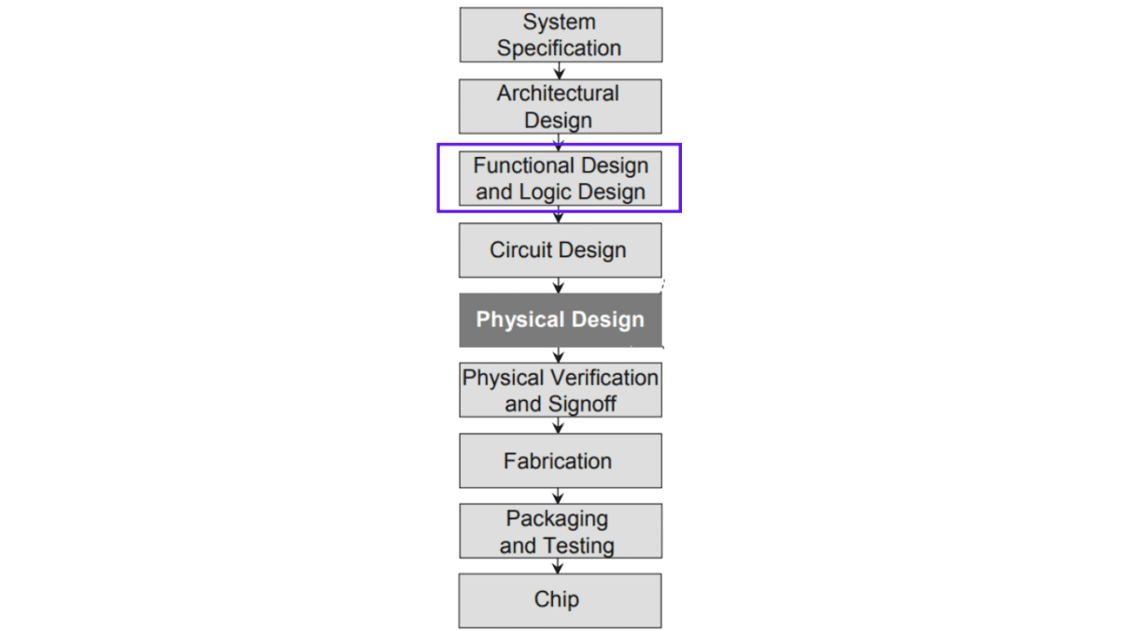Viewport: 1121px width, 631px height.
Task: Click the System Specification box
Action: click(x=561, y=35)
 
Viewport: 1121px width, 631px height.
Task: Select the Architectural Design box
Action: click(x=560, y=107)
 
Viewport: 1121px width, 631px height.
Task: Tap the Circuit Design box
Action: click(x=560, y=250)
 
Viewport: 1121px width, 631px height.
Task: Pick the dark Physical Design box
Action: click(x=560, y=320)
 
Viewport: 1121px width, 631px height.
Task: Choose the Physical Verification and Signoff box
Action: click(x=560, y=390)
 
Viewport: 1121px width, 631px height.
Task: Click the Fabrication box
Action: click(x=560, y=461)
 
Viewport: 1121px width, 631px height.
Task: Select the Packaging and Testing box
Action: click(x=560, y=531)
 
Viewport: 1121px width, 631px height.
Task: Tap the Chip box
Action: click(x=560, y=600)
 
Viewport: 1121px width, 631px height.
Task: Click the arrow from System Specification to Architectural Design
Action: click(x=559, y=71)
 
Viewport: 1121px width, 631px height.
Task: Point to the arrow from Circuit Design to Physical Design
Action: click(x=559, y=285)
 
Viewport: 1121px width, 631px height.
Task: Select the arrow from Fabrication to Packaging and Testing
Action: click(x=559, y=495)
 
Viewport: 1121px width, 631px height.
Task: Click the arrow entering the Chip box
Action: click(x=558, y=566)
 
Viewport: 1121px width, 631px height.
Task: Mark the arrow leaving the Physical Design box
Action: click(x=559, y=355)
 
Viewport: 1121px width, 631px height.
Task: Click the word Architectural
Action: click(x=558, y=93)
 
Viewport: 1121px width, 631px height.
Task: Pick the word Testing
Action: click(x=585, y=546)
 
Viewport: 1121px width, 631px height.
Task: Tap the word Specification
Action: click(x=559, y=49)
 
